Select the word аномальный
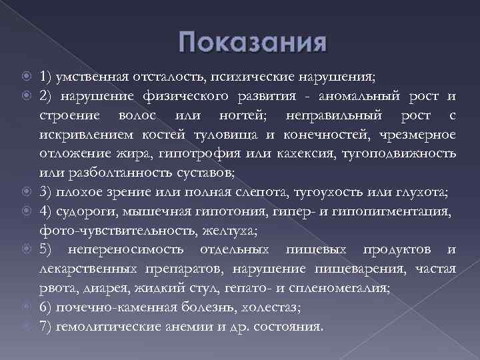(353, 97)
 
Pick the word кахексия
(291, 155)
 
